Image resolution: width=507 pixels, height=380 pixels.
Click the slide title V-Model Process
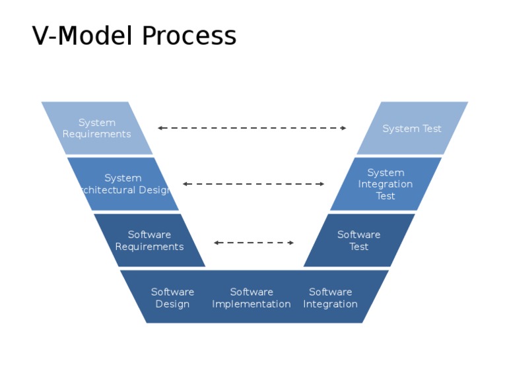coord(134,36)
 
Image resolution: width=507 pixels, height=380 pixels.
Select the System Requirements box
coord(97,128)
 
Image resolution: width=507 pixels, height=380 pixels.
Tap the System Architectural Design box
coord(123,184)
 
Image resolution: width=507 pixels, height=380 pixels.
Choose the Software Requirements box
coord(149,240)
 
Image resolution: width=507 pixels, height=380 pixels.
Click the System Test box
coord(412,129)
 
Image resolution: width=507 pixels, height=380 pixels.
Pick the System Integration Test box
coord(386,184)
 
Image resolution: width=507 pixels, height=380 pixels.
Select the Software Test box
coord(359,240)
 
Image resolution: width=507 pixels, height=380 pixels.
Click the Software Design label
coord(172,298)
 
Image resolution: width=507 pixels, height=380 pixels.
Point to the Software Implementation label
coord(251,298)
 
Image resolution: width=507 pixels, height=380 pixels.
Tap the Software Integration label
coord(330,298)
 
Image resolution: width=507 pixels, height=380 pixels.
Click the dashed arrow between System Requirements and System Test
coord(252,128)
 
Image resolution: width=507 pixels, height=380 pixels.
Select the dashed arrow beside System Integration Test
coord(253,184)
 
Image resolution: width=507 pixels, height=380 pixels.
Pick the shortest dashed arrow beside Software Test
coord(253,243)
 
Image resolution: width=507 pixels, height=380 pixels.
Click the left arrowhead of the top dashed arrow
coord(160,128)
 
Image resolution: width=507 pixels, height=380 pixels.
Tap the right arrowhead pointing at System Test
coord(343,128)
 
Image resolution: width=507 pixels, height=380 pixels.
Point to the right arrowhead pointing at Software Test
coord(291,243)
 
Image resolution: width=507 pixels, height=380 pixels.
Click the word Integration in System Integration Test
coord(386,184)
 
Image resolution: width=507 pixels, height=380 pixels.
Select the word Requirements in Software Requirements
coord(149,247)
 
